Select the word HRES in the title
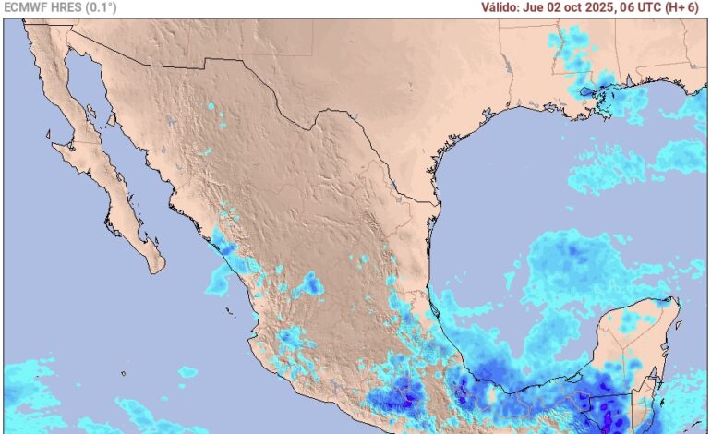(63, 7)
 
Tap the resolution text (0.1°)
(100, 7)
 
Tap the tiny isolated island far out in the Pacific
(123, 372)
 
